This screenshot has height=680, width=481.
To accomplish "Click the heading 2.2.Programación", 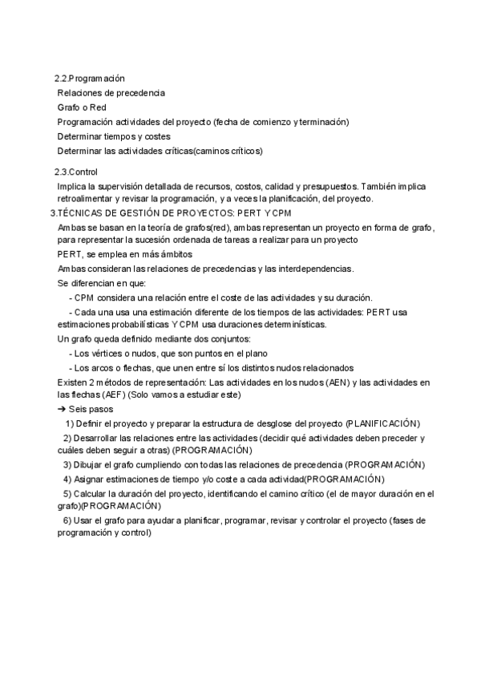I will coord(89,79).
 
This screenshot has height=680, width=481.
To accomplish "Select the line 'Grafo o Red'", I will coord(82,107).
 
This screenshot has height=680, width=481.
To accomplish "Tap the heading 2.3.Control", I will coord(75,172).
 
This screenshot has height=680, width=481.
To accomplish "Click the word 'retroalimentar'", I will coord(85,198).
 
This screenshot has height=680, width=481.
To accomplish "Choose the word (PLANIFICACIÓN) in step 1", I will coord(383,423).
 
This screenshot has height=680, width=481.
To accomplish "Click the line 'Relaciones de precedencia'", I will coord(111,93).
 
